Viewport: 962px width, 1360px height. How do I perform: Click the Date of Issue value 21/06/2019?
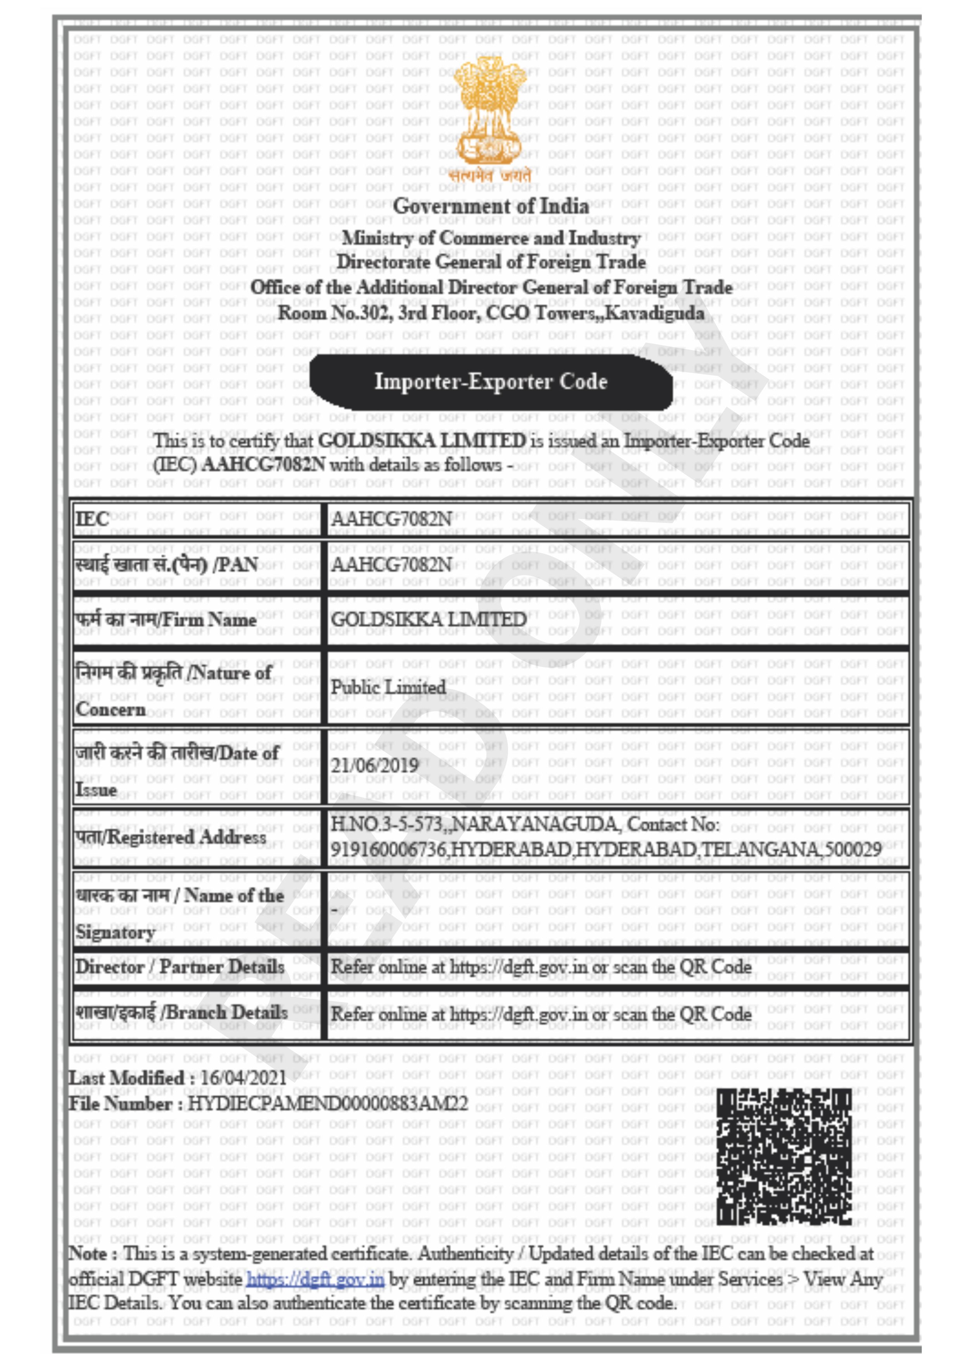[374, 765]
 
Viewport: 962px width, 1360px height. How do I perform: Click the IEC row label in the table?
[92, 520]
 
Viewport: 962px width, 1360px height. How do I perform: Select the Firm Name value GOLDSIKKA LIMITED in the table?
[428, 620]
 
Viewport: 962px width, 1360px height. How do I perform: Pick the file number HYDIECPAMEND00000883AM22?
[327, 1104]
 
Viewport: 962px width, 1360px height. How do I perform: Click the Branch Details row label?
[181, 1012]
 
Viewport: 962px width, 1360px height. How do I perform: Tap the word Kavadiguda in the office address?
[656, 313]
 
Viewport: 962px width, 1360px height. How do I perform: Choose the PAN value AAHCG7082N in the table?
[391, 565]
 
